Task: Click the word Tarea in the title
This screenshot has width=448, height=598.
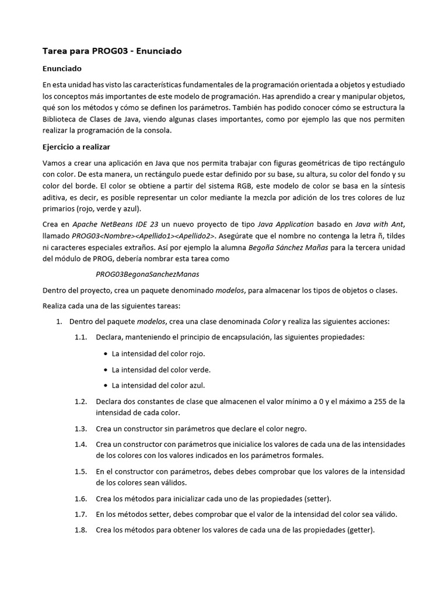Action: [56, 51]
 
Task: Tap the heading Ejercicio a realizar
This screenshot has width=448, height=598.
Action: [76, 146]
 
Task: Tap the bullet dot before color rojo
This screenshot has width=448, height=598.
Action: [105, 354]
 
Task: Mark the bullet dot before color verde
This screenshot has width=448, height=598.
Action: [105, 370]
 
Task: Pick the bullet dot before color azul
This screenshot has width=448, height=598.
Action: [105, 385]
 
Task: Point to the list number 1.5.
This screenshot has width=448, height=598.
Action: [80, 471]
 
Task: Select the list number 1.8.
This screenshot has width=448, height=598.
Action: [80, 530]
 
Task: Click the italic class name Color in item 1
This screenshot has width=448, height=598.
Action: [271, 321]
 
